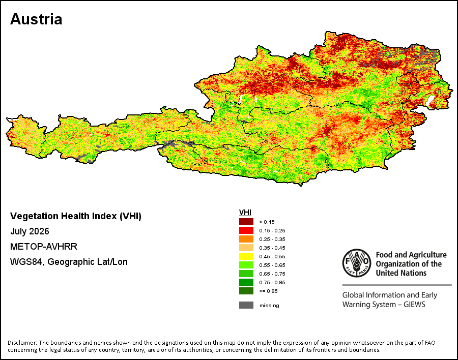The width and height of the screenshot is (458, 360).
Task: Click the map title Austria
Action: pos(36,19)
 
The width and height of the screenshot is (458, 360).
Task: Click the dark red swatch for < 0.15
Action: pos(246,222)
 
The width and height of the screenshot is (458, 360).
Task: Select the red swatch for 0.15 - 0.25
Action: pos(246,230)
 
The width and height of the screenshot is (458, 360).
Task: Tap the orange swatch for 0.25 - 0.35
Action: pos(246,239)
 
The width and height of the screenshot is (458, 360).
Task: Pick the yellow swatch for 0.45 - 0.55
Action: pos(246,256)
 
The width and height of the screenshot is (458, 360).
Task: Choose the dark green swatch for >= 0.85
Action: pos(246,291)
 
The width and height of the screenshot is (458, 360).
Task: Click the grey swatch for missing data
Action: pos(246,305)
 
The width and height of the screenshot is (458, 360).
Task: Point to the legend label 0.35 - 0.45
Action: pos(272,248)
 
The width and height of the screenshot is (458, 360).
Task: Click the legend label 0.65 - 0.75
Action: pos(272,274)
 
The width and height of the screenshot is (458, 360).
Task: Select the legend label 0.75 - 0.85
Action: pos(272,282)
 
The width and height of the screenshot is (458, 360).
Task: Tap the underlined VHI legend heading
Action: pos(245,213)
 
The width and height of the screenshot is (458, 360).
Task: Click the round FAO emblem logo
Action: pos(357,263)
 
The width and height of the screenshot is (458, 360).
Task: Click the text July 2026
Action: pos(30,231)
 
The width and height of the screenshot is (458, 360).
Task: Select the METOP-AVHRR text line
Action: pos(44,247)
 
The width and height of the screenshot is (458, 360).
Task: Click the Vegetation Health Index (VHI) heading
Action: pos(76,216)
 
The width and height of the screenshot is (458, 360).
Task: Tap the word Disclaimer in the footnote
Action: pos(22,343)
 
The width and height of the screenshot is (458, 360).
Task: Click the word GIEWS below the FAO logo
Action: pos(414,305)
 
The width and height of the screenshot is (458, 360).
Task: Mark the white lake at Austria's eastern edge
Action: pos(429,101)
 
